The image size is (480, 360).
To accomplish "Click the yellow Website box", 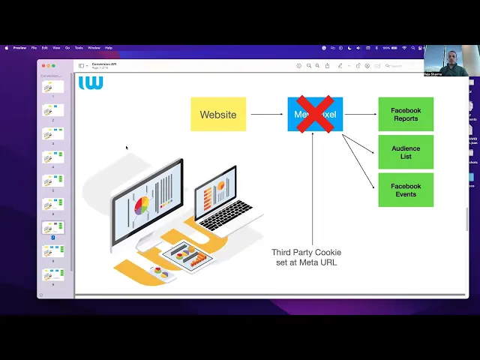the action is pyautogui.click(x=217, y=115).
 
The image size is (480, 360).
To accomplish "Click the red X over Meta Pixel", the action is pyautogui.click(x=315, y=114).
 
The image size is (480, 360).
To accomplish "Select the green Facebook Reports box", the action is pyautogui.click(x=406, y=115).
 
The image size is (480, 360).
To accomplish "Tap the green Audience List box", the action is pyautogui.click(x=406, y=152).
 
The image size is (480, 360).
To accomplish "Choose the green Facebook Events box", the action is pyautogui.click(x=406, y=190).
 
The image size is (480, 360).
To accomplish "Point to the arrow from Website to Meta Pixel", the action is pyautogui.click(x=267, y=115).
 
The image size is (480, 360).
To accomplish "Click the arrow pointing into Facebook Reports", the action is pyautogui.click(x=360, y=115).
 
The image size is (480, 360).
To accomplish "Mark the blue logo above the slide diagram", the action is pyautogui.click(x=91, y=82).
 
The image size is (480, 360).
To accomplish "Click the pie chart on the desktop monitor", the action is pyautogui.click(x=141, y=205).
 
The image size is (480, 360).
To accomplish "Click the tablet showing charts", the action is pyautogui.click(x=187, y=255).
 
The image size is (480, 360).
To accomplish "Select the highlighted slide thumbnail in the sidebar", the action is pyautogui.click(x=53, y=227).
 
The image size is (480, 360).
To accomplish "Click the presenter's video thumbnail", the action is pyautogui.click(x=445, y=62).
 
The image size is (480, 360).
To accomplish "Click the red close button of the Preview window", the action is pyautogui.click(x=43, y=66).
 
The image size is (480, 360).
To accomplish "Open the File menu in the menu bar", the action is pyautogui.click(x=34, y=48).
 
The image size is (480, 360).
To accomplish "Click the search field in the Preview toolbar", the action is pyautogui.click(x=397, y=66).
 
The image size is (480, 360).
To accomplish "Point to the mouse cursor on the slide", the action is pyautogui.click(x=127, y=148).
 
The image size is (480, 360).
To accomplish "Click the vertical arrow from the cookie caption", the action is pyautogui.click(x=313, y=187).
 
